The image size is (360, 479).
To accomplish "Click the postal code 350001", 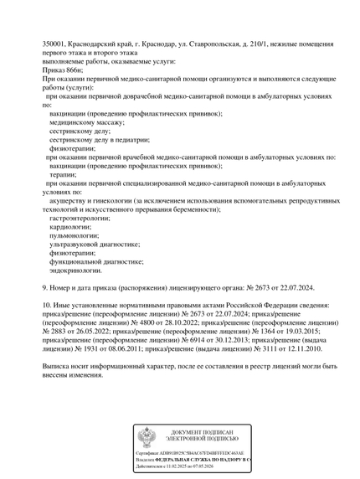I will (56, 43).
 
